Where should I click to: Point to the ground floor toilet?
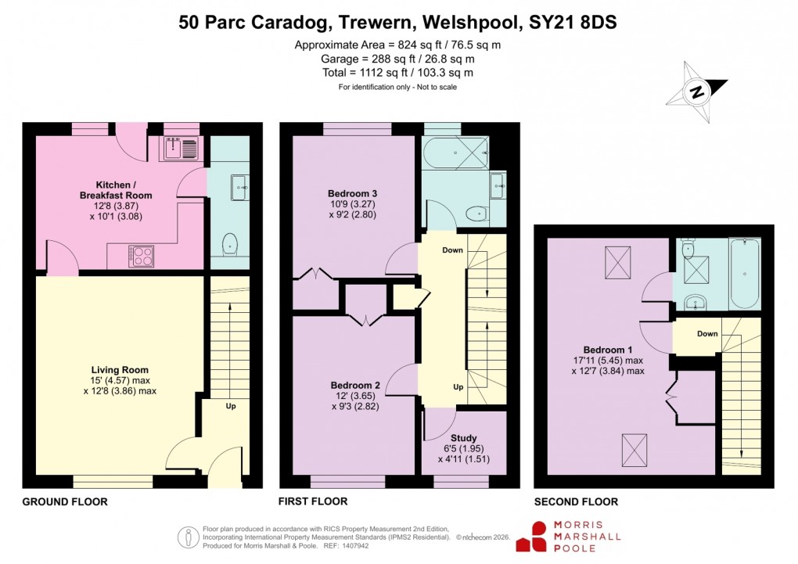click(x=229, y=244)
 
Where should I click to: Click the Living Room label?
click(x=120, y=370)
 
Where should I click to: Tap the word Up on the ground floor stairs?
click(x=231, y=407)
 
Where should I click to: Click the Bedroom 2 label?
click(x=354, y=385)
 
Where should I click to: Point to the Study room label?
click(x=464, y=438)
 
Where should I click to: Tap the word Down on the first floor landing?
click(x=452, y=250)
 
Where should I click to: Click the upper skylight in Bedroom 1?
click(x=619, y=259)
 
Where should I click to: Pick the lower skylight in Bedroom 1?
click(x=634, y=449)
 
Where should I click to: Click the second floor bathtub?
click(x=744, y=275)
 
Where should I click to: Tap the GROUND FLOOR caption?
click(x=65, y=501)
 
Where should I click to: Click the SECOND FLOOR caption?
click(x=576, y=501)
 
